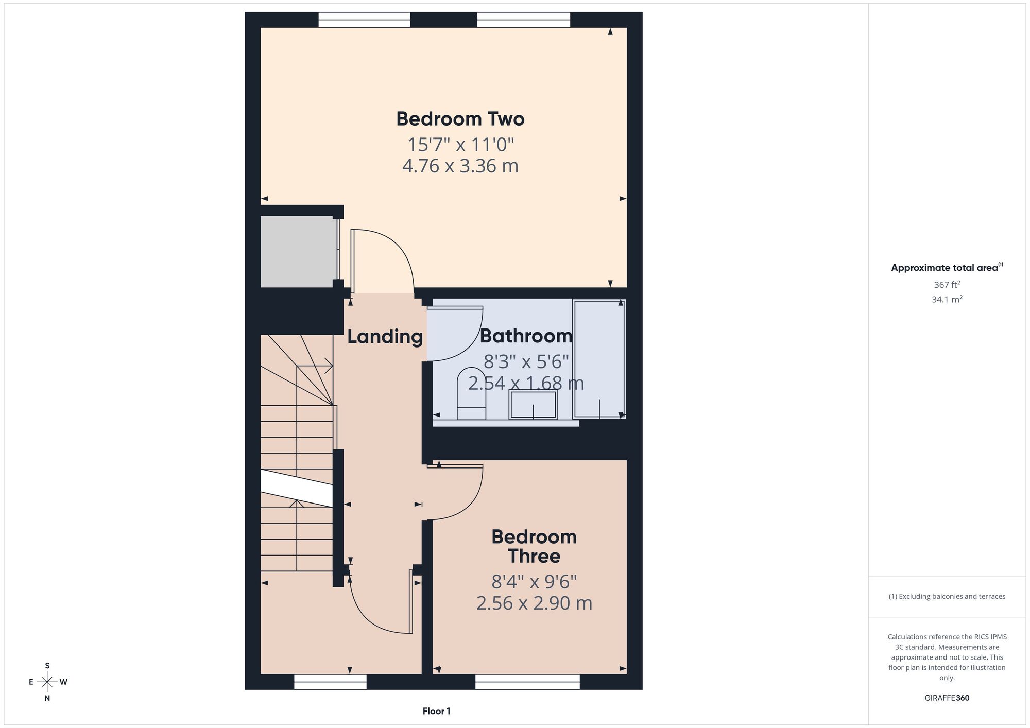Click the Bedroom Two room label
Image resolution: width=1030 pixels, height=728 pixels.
tap(460, 119)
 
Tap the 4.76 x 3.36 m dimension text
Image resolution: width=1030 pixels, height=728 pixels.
tap(460, 166)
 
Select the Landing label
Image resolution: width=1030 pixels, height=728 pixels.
tap(385, 337)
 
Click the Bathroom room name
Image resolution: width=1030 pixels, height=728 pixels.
tap(526, 336)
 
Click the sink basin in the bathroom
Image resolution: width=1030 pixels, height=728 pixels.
tap(533, 404)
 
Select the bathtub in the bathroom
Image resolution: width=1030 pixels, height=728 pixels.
tap(599, 359)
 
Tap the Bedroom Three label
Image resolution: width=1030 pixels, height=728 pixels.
tap(534, 546)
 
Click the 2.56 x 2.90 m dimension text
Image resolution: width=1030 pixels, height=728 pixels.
tap(534, 603)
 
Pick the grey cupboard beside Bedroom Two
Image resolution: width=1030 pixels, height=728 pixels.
tap(298, 251)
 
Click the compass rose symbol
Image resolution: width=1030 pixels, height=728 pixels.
tap(47, 682)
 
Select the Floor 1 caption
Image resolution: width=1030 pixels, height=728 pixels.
tap(436, 711)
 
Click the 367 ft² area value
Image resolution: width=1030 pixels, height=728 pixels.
tap(947, 284)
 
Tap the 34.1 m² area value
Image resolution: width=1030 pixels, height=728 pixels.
tap(947, 299)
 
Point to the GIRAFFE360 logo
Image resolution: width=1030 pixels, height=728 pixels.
tap(947, 698)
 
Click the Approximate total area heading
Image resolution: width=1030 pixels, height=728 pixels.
tap(947, 267)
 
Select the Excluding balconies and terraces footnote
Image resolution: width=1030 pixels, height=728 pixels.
tap(947, 596)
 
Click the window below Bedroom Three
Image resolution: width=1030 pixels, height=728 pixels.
tap(527, 682)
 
